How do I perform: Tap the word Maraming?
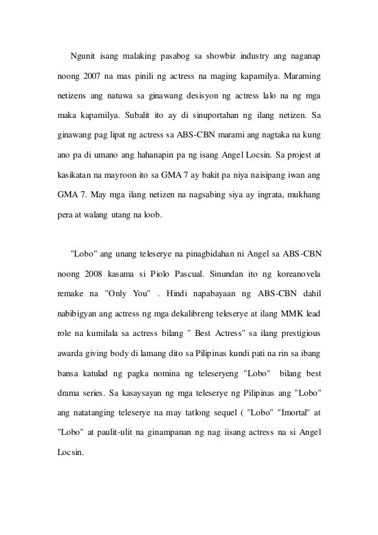click(302, 76)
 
